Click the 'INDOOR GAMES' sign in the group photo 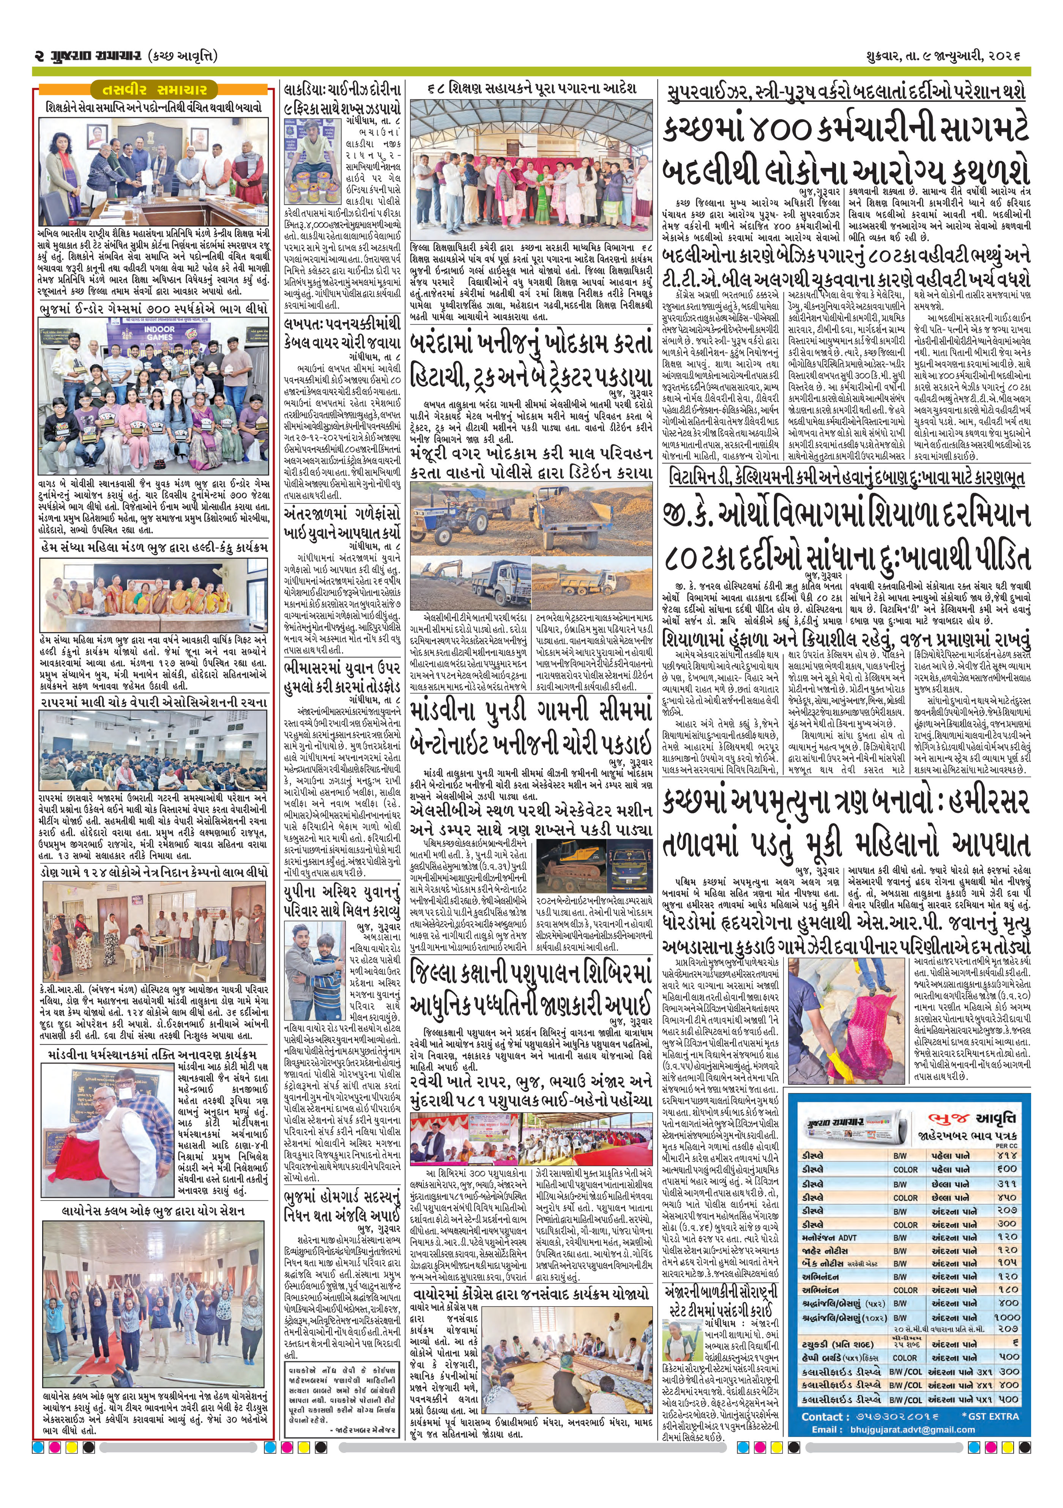[x=158, y=332]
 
